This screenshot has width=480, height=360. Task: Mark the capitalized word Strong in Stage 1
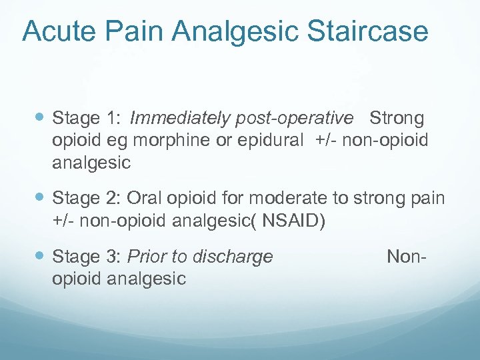[396, 119]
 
